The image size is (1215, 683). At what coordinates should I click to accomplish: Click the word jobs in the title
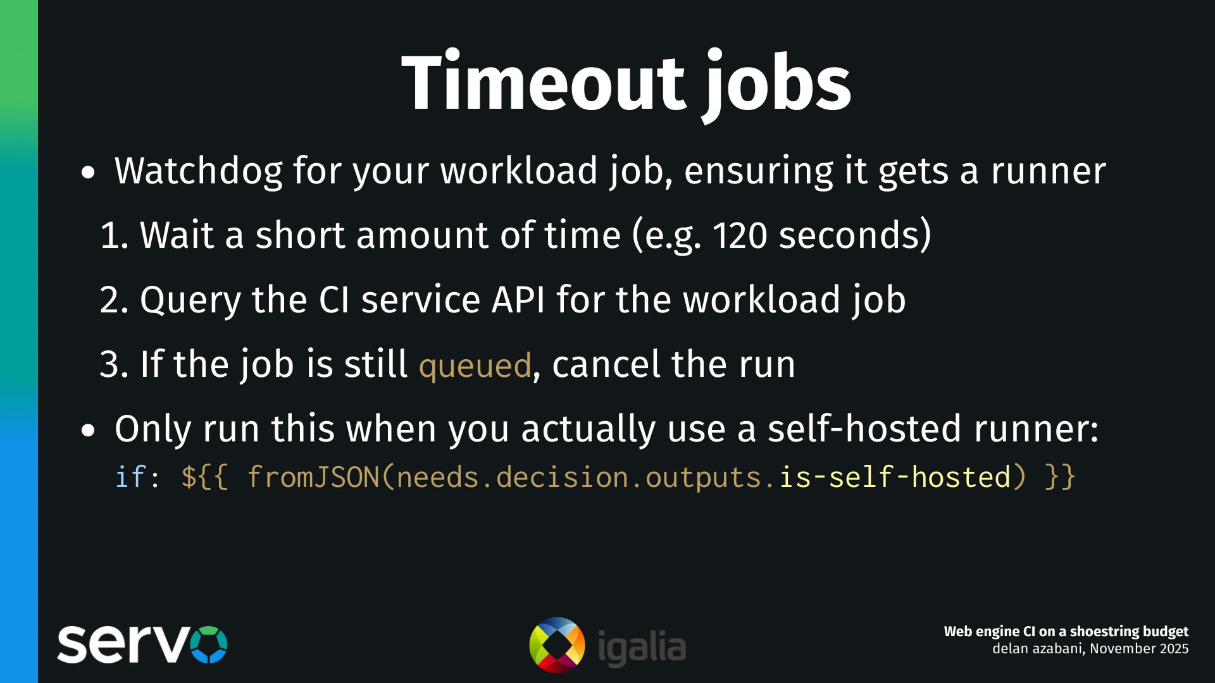778,85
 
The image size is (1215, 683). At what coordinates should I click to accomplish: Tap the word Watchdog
198,171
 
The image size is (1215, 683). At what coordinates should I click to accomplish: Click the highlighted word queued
475,366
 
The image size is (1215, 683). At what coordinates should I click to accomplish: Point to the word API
518,300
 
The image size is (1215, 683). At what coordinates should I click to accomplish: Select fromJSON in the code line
313,477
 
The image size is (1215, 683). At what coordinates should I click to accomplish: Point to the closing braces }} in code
1060,477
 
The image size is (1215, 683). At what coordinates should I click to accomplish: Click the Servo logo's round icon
208,644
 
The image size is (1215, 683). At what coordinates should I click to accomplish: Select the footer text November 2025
1139,649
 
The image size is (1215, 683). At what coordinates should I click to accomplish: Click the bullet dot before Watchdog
88,173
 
